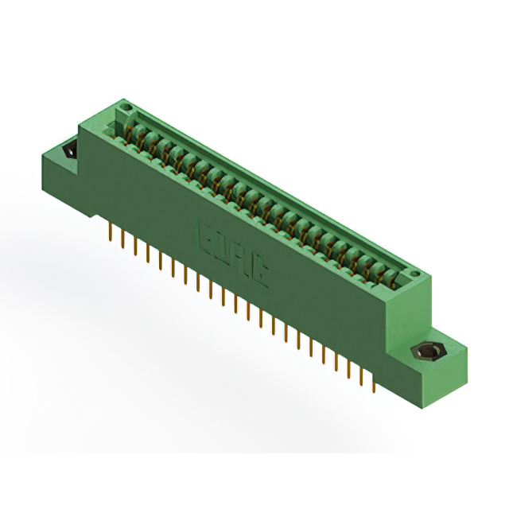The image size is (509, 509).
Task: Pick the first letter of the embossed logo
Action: coord(203,238)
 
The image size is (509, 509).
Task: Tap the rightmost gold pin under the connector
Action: coord(372,381)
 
